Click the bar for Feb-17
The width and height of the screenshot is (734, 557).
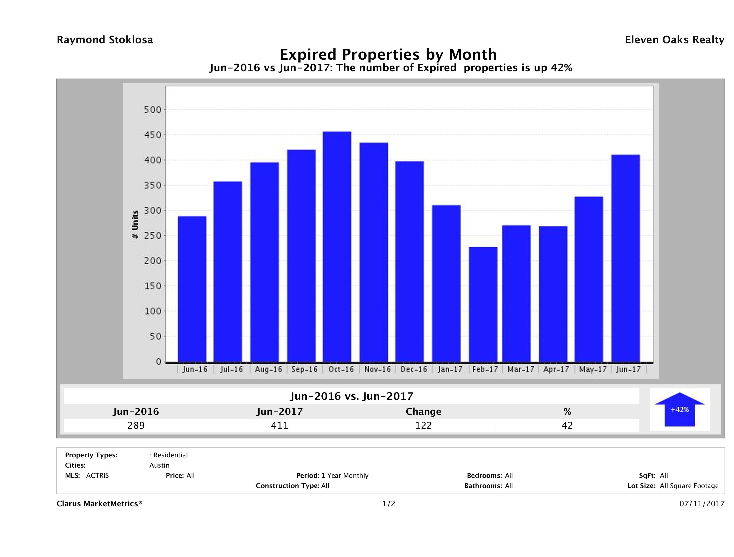483,304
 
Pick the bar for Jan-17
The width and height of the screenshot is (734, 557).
446,284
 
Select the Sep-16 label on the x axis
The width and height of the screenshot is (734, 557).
304,370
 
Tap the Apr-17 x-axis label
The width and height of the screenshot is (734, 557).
556,370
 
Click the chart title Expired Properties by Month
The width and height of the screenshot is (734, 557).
388,54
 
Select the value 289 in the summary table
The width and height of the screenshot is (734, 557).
136,425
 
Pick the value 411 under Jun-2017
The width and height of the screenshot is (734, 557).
280,425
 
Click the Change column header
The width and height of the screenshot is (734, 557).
424,412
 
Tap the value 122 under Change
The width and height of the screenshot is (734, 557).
424,425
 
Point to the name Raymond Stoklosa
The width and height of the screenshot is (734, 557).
105,40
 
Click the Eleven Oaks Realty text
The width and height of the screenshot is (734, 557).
674,40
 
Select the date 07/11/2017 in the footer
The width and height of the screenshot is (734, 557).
702,504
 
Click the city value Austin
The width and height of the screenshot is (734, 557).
159,465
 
